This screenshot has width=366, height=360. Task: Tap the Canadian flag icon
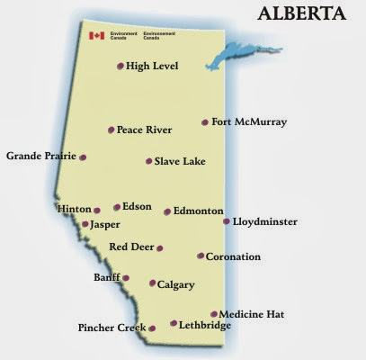[x=96, y=36]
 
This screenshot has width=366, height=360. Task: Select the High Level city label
[x=153, y=66]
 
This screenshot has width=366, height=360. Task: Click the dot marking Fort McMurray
[x=205, y=122]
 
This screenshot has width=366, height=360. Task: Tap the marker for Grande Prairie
[x=83, y=157]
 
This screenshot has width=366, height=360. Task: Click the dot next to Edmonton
[x=167, y=211]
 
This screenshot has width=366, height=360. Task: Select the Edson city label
[x=138, y=206]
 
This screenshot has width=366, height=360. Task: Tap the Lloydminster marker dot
[x=226, y=220]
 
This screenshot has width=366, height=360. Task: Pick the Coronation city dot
[x=201, y=256]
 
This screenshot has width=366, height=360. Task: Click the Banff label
[x=106, y=278]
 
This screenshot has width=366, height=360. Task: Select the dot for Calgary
[x=152, y=283]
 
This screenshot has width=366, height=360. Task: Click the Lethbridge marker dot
[x=174, y=324]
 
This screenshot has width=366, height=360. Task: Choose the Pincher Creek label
[x=112, y=328]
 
